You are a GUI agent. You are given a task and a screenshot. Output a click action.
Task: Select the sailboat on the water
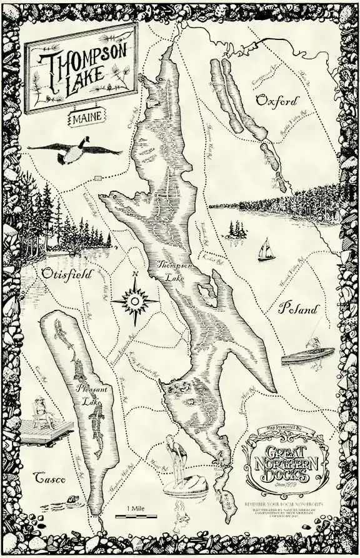pyautogui.click(x=266, y=250)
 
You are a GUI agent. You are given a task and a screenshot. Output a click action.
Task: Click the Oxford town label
pyautogui.click(x=277, y=101)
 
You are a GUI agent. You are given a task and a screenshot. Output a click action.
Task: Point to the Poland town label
pyautogui.click(x=299, y=309)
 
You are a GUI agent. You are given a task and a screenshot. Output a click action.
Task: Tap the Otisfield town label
pyautogui.click(x=66, y=274)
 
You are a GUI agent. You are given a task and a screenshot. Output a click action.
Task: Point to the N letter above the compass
pyautogui.click(x=134, y=274)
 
